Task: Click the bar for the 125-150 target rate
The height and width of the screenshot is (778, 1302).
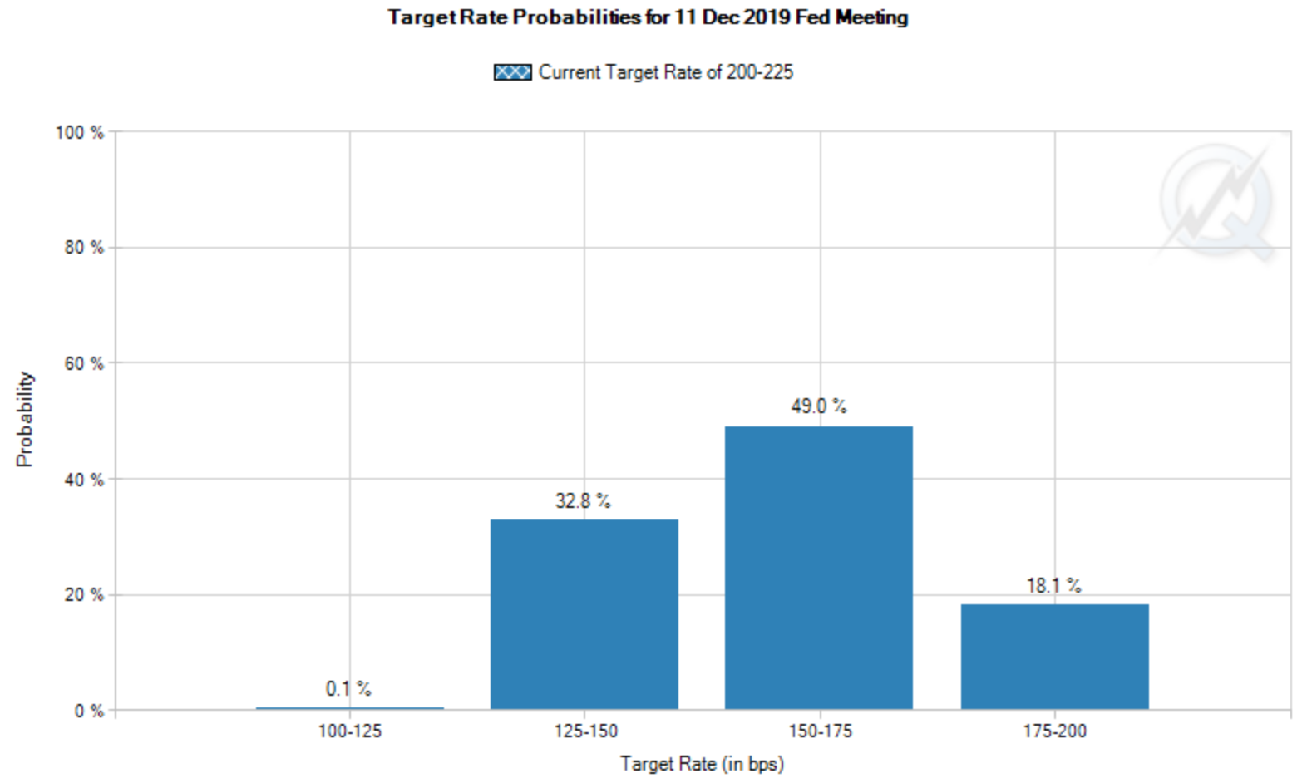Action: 584,614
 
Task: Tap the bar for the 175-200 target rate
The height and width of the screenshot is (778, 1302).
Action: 1054,657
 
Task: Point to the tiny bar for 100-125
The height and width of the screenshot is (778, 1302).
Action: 350,708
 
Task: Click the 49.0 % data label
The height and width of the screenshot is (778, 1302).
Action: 819,406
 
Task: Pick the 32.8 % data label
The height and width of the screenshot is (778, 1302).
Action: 583,501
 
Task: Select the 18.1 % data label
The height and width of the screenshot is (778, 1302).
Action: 1053,586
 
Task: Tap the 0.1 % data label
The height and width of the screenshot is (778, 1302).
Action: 348,689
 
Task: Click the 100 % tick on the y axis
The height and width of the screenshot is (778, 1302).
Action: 80,133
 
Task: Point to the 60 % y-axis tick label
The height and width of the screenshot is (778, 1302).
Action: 84,364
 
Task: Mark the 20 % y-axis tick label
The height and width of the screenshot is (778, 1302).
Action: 84,595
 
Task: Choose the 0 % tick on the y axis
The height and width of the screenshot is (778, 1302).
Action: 88,712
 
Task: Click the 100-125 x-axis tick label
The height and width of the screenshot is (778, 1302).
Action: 350,731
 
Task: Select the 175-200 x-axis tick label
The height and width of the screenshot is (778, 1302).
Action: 1054,731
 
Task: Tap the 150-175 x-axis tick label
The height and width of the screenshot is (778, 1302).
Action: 820,731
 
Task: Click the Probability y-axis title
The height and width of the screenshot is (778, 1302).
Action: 25,419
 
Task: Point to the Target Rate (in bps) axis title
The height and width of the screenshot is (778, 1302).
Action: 702,764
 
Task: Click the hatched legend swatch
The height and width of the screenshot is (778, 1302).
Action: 512,72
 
